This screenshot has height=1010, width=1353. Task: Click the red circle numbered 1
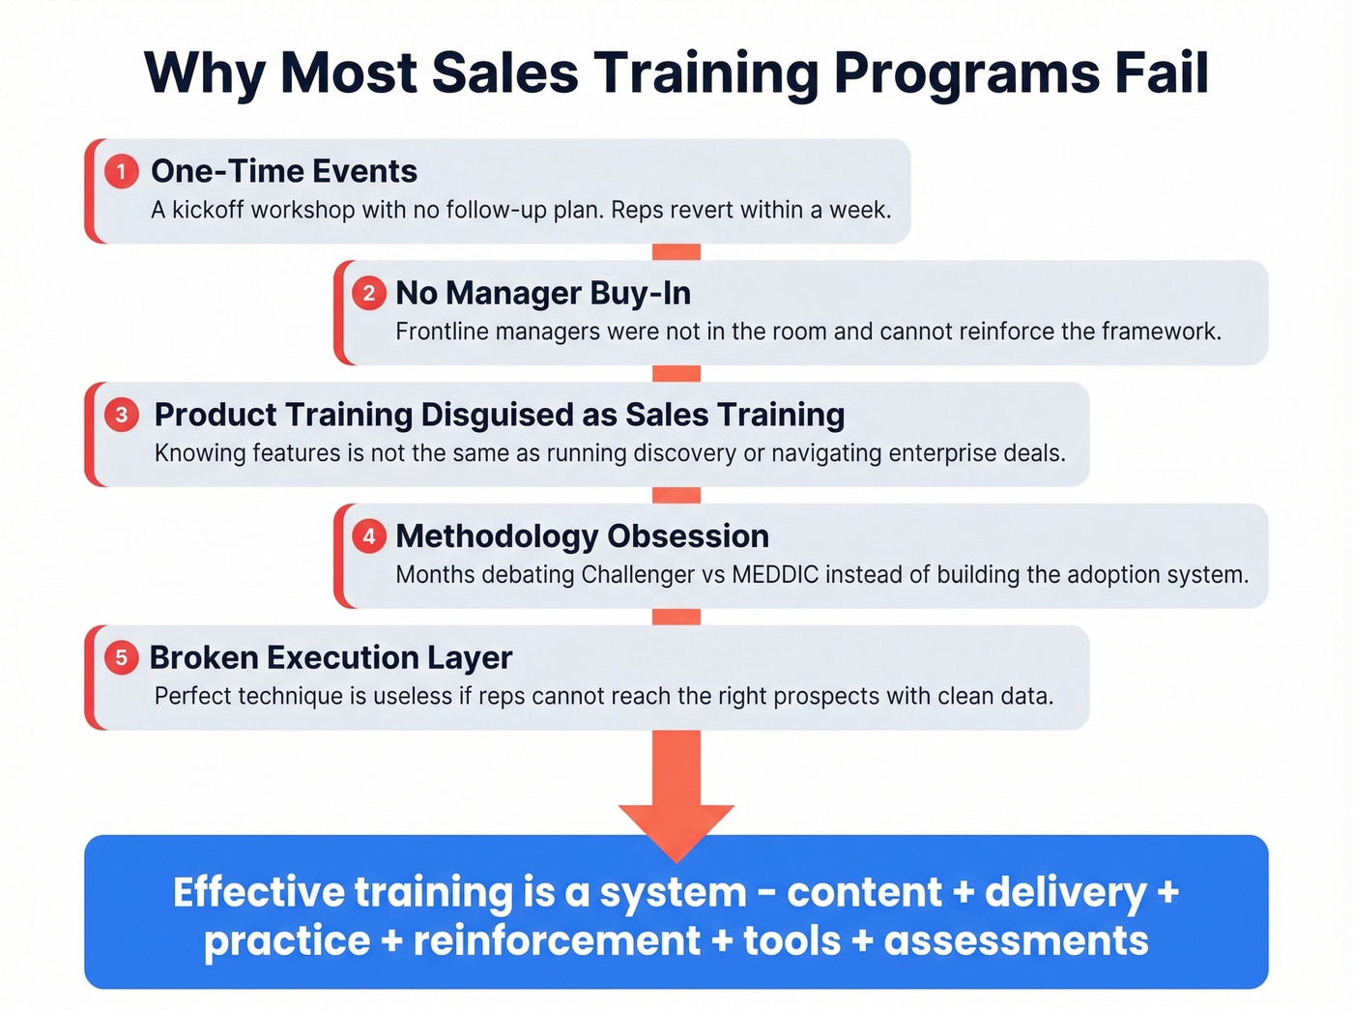(x=121, y=172)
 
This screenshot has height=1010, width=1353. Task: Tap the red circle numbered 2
(x=368, y=293)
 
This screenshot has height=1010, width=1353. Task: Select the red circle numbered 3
(x=121, y=415)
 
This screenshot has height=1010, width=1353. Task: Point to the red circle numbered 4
(x=368, y=536)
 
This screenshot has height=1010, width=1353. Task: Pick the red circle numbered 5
(x=121, y=658)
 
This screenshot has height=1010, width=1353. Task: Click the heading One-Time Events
(x=284, y=171)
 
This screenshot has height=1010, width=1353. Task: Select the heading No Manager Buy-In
(x=543, y=293)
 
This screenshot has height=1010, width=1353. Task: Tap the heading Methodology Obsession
(x=582, y=536)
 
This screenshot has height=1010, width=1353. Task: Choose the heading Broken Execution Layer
(x=331, y=658)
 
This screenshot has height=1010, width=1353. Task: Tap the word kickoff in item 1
(x=208, y=210)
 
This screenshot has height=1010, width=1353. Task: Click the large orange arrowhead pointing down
(x=676, y=829)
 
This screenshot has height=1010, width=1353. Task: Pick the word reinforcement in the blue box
(x=557, y=940)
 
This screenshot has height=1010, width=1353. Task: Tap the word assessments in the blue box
(x=1016, y=940)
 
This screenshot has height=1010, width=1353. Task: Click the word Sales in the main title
(x=504, y=72)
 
